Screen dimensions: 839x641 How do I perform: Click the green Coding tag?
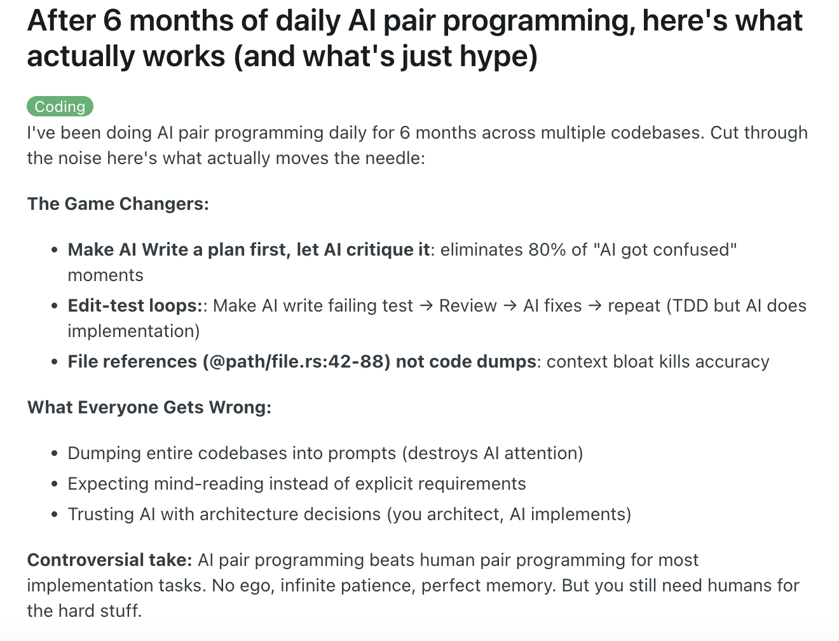[60, 106]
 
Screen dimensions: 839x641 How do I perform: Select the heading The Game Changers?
[118, 203]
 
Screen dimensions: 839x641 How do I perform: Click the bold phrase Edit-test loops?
[132, 306]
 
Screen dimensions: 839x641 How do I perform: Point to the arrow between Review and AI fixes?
[510, 306]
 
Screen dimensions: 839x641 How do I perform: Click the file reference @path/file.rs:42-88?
[297, 362]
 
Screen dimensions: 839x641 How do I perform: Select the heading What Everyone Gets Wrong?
[149, 408]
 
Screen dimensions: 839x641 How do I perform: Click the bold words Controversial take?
[110, 560]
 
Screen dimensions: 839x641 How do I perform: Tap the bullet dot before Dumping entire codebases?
[54, 453]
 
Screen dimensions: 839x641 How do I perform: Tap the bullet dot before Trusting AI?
[54, 514]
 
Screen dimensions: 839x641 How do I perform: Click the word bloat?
[633, 362]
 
